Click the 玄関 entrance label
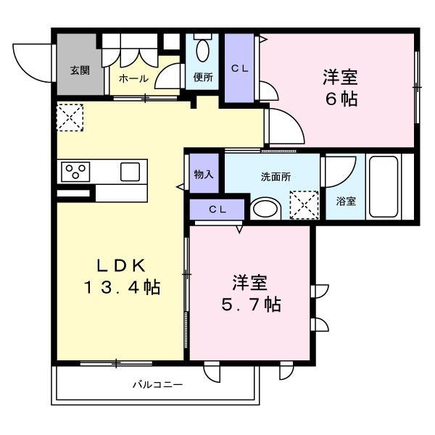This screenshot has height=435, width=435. click(80, 70)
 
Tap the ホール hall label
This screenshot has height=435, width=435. click(133, 78)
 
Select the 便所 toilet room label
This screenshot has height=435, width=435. click(202, 78)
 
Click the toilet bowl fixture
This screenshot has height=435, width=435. click(203, 51)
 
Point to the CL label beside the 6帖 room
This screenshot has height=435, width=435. click(239, 68)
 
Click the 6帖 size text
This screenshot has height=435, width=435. click(341, 100)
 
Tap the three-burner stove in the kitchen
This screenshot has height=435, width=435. click(75, 172)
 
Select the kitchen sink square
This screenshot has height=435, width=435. click(130, 172)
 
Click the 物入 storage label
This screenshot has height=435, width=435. click(203, 175)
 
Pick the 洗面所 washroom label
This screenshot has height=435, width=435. click(275, 176)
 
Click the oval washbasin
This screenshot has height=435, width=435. click(266, 209)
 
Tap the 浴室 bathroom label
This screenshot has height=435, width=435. click(346, 202)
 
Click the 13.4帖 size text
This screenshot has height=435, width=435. click(120, 287)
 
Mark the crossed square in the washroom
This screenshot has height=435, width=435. click(304, 204)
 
